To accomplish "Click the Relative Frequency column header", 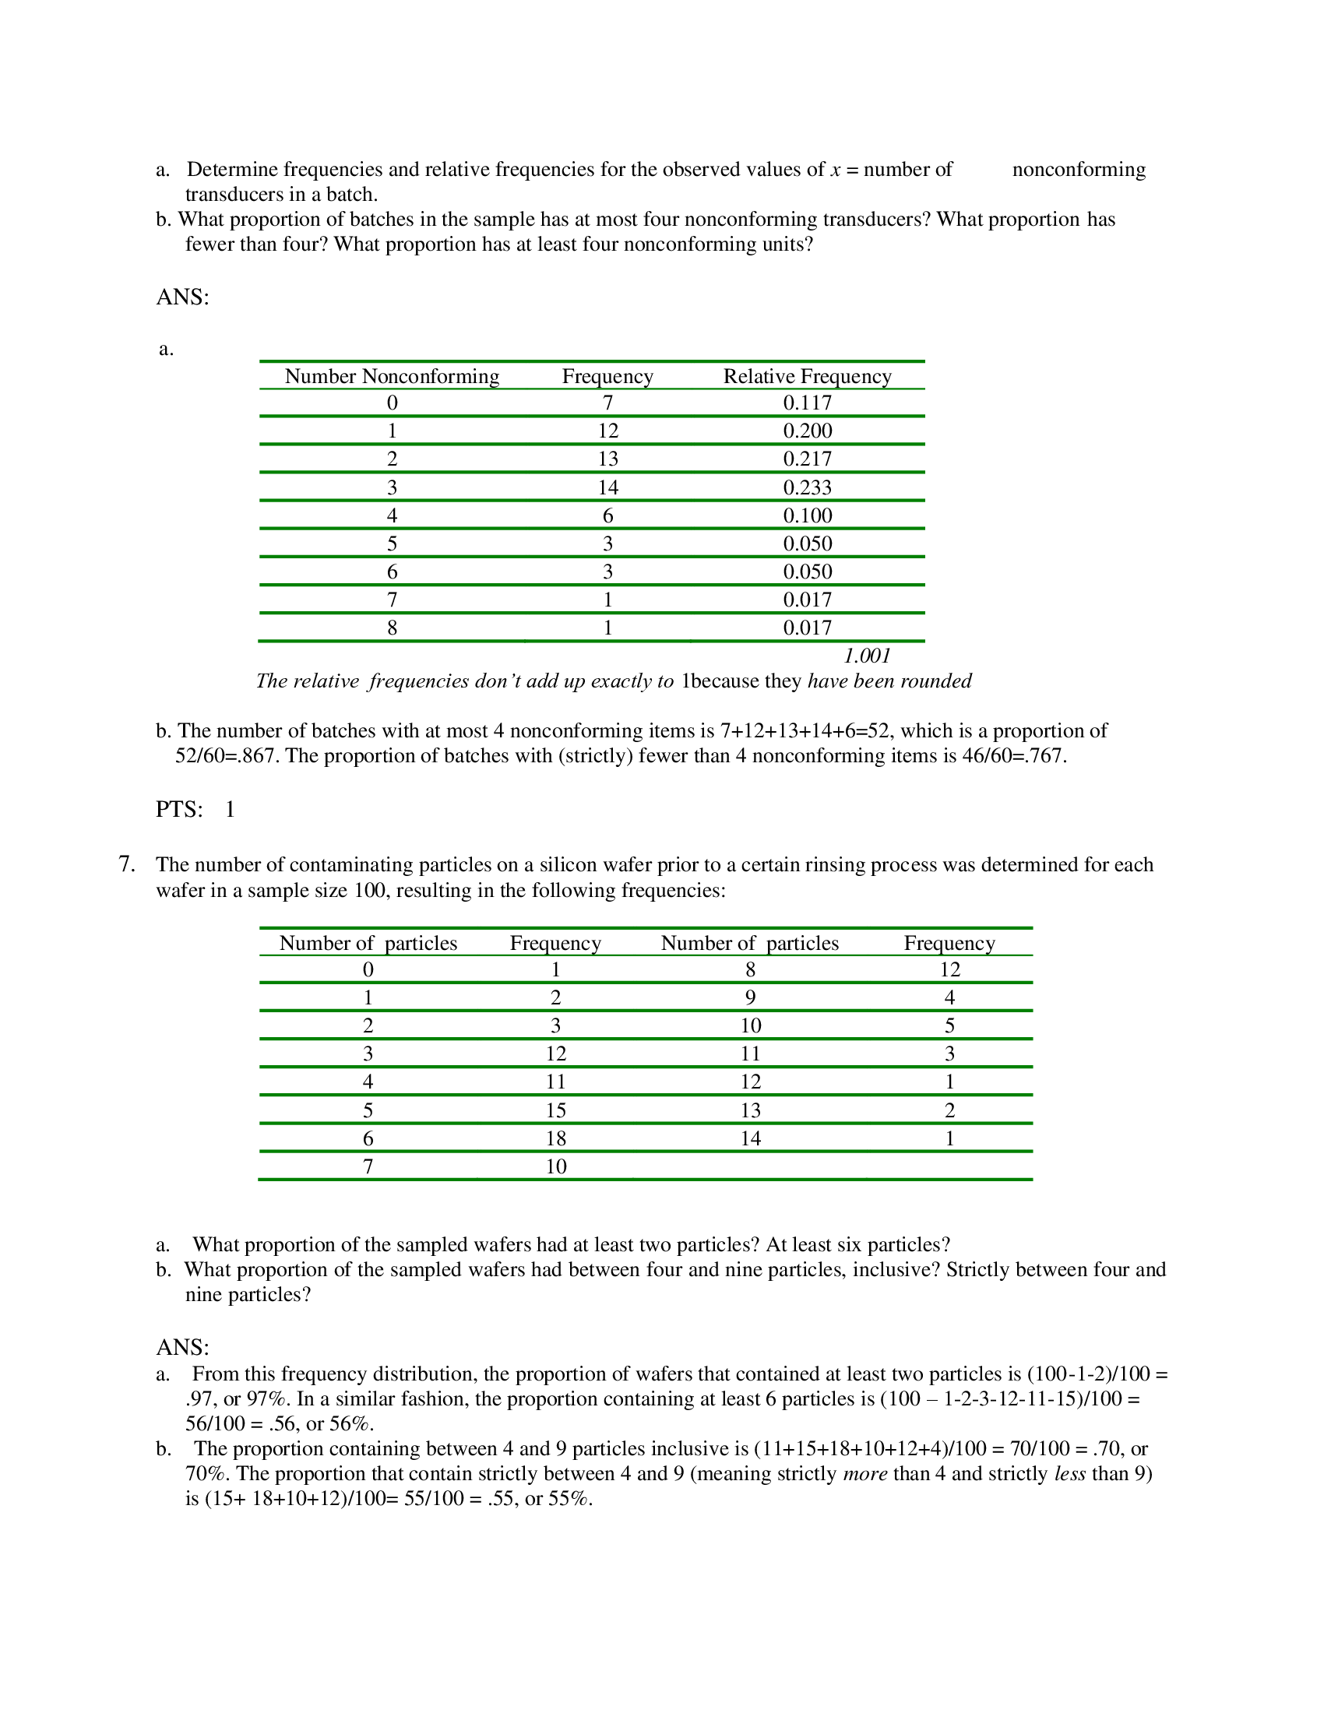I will [807, 377].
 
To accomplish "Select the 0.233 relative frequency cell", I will [807, 488].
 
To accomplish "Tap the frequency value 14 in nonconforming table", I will [608, 488].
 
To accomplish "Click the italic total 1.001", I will [867, 656].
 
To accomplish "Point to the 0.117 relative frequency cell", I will [807, 403].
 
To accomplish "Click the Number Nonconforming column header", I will [392, 377].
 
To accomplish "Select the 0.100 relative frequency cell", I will [807, 516].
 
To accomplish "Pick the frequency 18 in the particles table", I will [555, 1139].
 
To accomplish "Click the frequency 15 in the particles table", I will [555, 1110].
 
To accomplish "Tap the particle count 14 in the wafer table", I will [751, 1139].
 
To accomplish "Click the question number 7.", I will [126, 864].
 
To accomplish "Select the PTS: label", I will [179, 810].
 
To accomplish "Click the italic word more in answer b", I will [864, 1474].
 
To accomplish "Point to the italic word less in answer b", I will [1070, 1474].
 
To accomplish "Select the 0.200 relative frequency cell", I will [807, 431].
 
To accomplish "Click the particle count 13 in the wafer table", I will [751, 1110].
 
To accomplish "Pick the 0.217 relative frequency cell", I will [807, 459].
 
